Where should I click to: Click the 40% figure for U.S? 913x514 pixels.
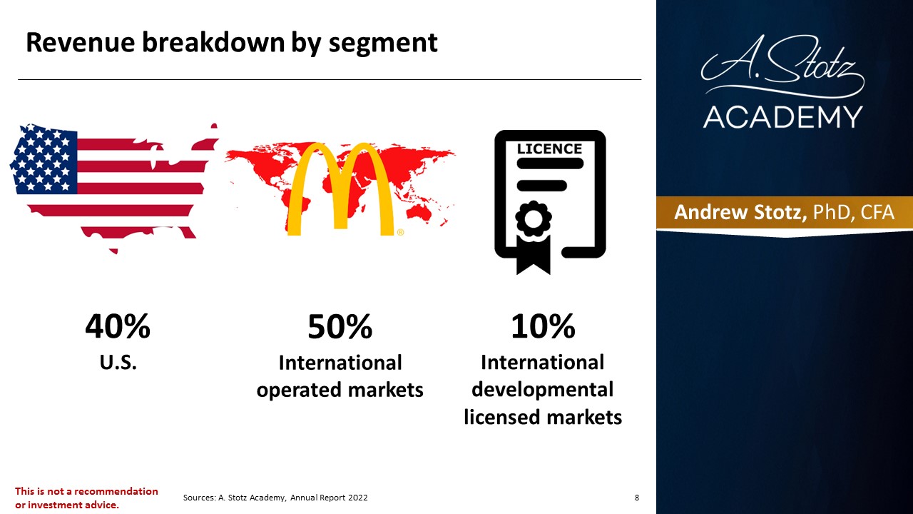(118, 326)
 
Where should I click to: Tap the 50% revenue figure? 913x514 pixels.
(340, 326)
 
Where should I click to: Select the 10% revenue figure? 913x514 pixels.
(543, 326)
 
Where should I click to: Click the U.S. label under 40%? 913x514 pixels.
(118, 362)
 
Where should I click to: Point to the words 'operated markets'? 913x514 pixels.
(340, 390)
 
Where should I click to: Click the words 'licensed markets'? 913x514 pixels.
(543, 417)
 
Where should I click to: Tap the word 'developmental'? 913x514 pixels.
(543, 390)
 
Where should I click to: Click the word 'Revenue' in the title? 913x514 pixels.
(81, 42)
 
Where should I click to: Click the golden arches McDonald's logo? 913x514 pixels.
(340, 189)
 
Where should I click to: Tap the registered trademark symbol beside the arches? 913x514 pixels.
(400, 232)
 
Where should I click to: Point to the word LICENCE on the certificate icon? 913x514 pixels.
(549, 149)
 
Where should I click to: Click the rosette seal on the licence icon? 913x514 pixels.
(533, 218)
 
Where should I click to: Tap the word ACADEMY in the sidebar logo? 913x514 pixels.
(783, 117)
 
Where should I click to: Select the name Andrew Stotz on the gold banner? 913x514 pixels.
(740, 212)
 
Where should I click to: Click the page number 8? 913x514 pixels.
(637, 498)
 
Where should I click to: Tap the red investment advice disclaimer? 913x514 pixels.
(86, 498)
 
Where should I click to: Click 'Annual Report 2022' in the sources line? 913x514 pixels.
(329, 498)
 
